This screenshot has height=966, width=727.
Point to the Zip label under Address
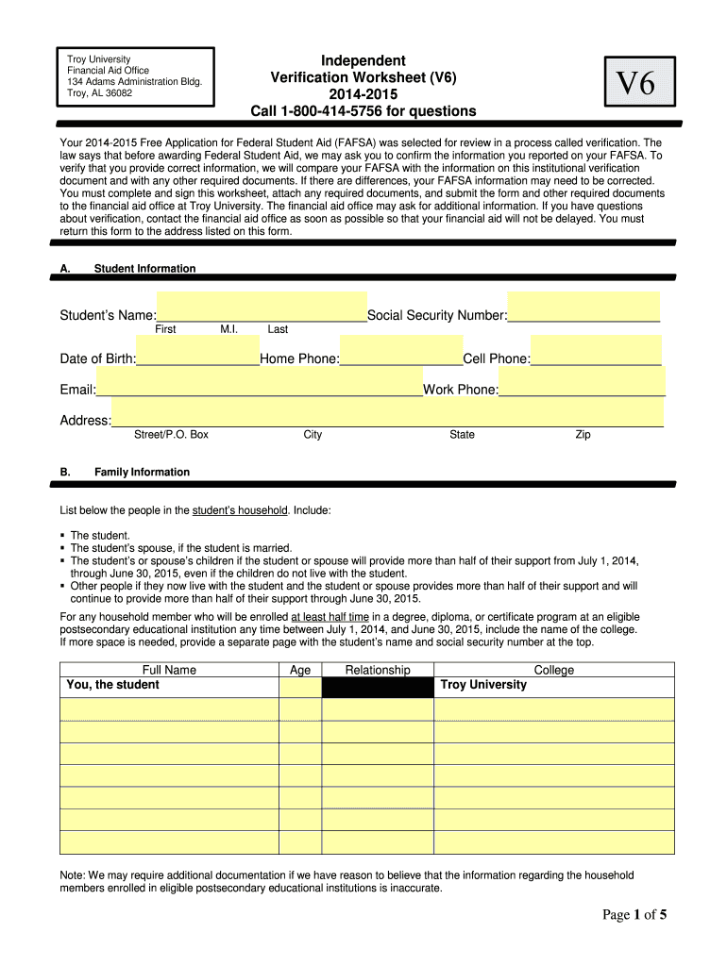[x=583, y=435]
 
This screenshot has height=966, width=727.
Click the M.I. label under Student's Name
[x=228, y=329]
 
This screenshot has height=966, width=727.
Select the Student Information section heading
[x=144, y=269]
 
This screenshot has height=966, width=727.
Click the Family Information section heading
[x=142, y=472]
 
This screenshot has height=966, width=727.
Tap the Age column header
[x=300, y=670]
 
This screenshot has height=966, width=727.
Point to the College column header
[x=553, y=670]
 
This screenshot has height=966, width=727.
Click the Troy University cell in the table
[x=483, y=685]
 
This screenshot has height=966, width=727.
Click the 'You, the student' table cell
[x=111, y=685]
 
